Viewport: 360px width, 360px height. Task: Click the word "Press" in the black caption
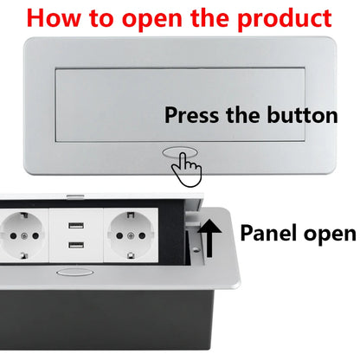point(192,115)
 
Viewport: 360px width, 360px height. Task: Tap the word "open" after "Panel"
point(327,234)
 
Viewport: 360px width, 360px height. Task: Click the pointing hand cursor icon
point(185,166)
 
